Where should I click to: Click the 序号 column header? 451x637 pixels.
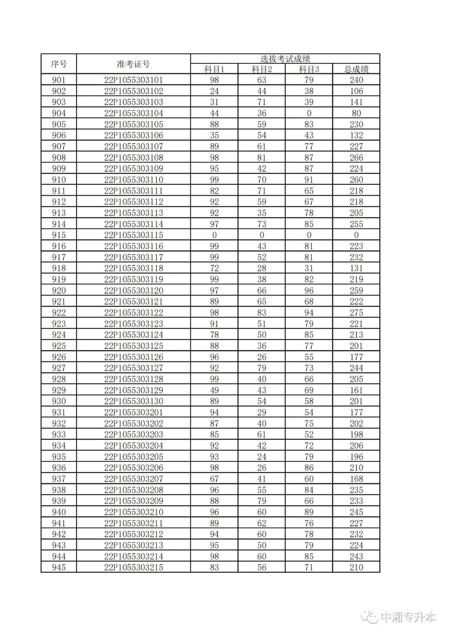coord(58,64)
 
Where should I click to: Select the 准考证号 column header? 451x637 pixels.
coord(133,64)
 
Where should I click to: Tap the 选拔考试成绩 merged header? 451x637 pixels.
coord(285,59)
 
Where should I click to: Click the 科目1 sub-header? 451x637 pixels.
coord(214,69)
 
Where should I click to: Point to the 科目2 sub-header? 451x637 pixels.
coord(262,69)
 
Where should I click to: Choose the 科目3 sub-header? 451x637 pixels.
coord(309,69)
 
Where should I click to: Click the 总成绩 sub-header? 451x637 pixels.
coord(356,69)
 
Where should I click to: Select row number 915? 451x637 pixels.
coord(58,235)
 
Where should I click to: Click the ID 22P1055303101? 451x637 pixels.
coord(133,80)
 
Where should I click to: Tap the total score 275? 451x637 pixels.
coord(356,313)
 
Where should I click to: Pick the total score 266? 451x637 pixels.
coord(356,158)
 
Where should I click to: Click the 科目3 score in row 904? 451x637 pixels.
coord(309,113)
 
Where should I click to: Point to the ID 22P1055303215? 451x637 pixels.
coord(133,567)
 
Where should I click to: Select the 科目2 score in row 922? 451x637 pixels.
coord(262,313)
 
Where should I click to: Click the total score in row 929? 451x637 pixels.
coord(356,390)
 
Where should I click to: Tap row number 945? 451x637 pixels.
coord(58,567)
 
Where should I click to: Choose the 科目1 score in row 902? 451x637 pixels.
coord(214,91)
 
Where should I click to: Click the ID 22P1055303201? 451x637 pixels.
coord(133,413)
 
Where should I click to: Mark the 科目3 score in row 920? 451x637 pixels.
coord(309,291)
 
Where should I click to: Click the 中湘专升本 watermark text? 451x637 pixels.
coord(408,618)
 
